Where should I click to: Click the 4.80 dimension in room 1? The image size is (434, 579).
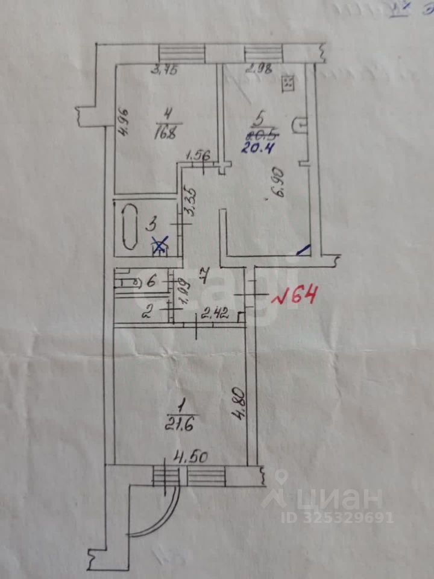[x=240, y=408]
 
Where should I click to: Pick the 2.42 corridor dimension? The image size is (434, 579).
[x=215, y=313]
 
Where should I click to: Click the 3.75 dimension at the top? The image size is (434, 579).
[x=163, y=71]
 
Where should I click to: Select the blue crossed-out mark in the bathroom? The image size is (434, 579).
[x=160, y=244]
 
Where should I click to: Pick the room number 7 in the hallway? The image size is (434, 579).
[x=204, y=278]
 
